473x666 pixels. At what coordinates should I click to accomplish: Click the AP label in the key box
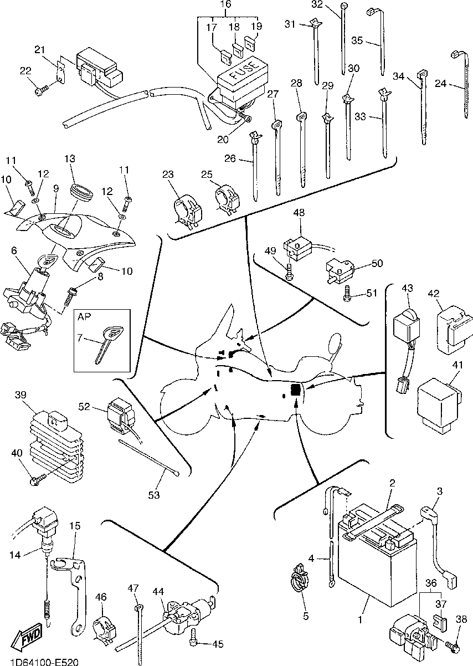84,318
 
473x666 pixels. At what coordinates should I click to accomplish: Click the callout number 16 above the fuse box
226,4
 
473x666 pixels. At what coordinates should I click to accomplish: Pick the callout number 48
300,212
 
